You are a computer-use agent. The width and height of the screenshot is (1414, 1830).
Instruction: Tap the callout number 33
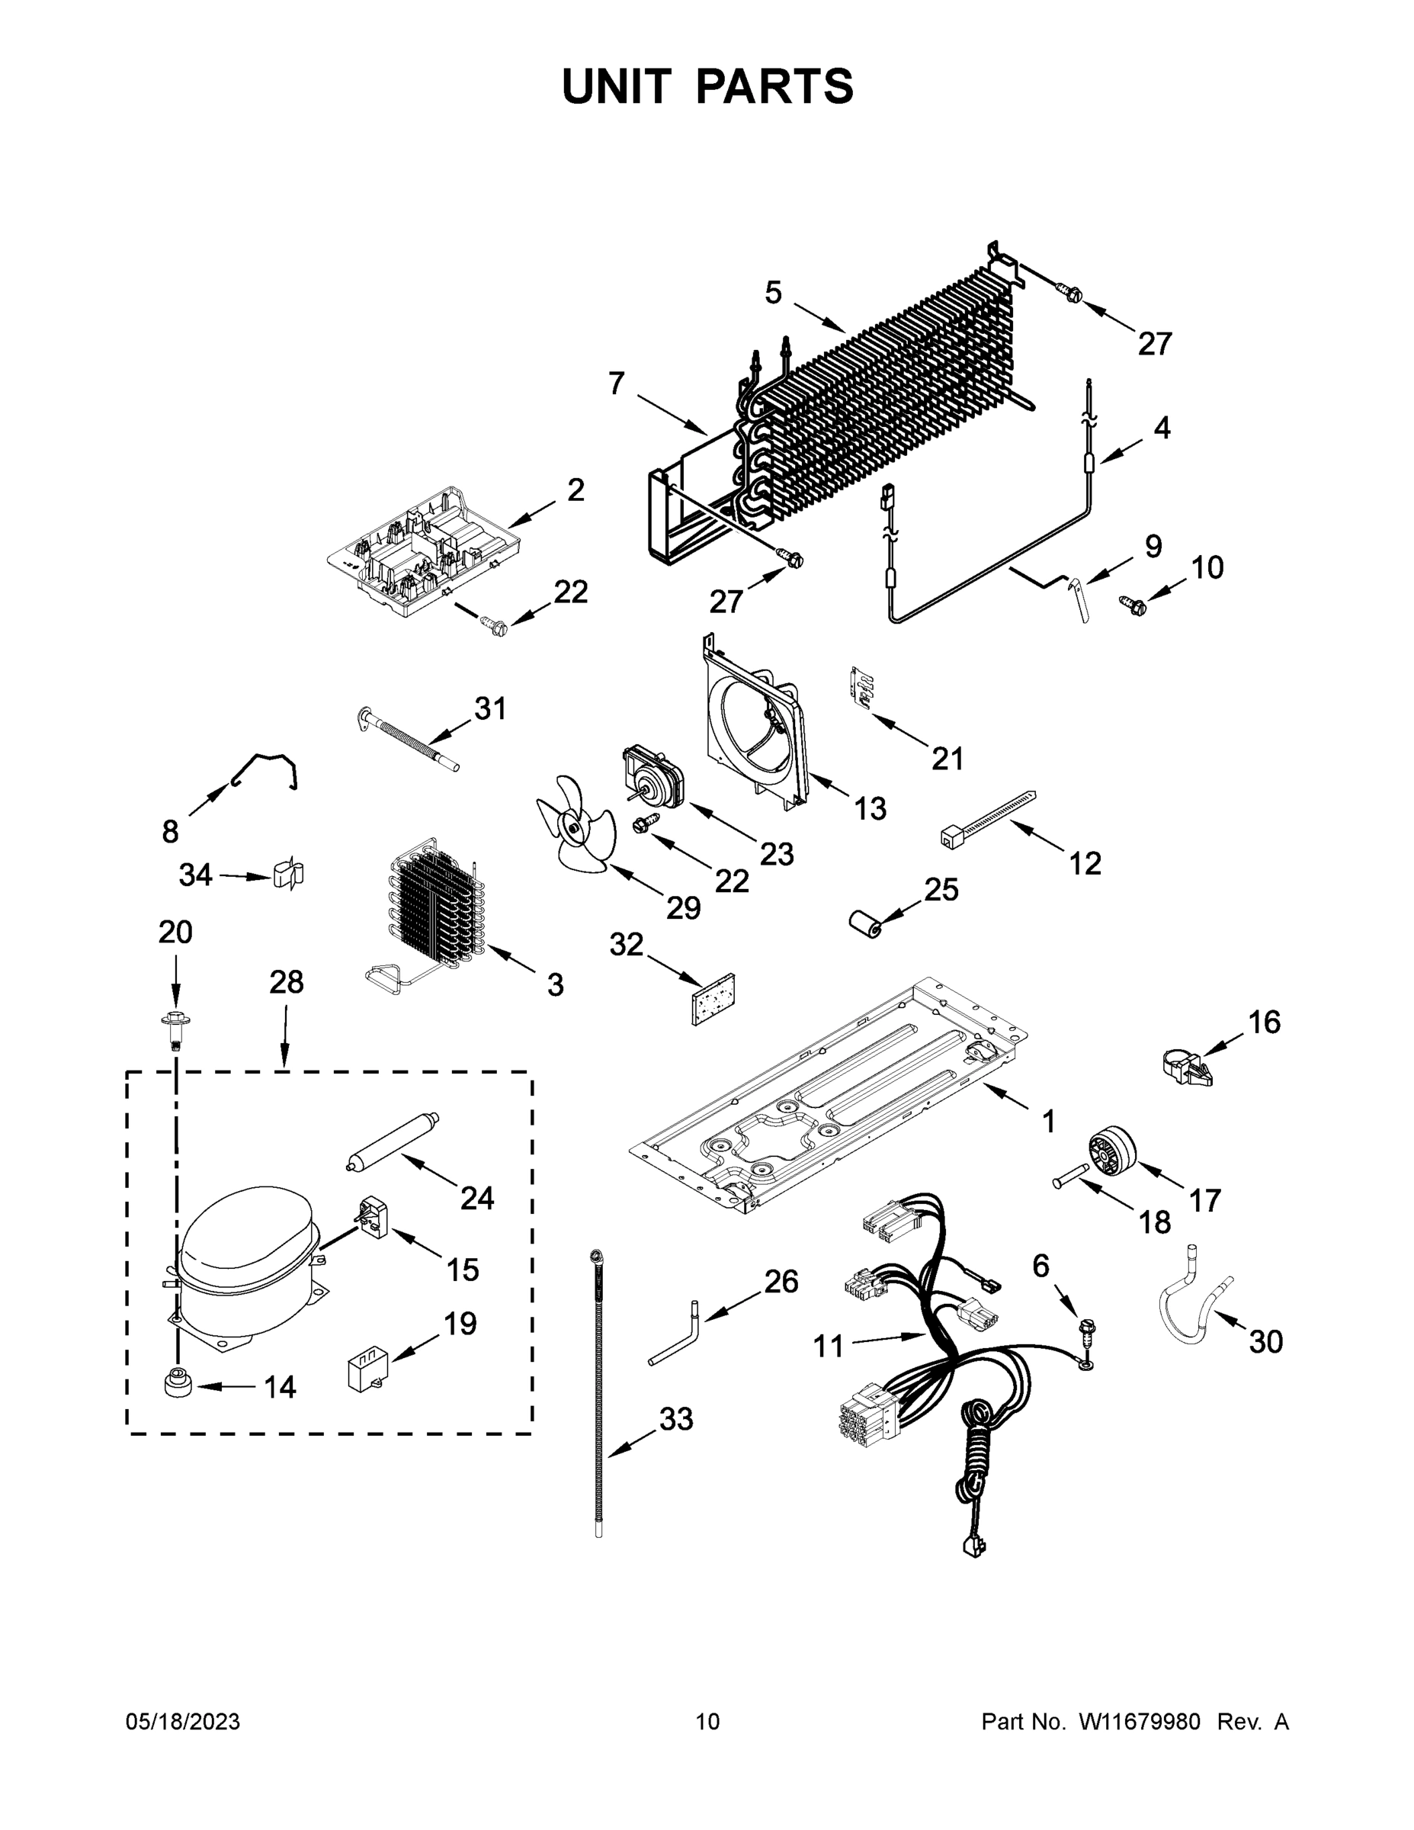[x=676, y=1418]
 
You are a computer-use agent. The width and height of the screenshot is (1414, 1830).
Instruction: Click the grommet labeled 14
[x=178, y=1383]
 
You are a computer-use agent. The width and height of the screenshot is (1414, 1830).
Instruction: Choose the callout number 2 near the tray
[x=576, y=490]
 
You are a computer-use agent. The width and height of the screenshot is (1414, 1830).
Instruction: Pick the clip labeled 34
[x=287, y=874]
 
